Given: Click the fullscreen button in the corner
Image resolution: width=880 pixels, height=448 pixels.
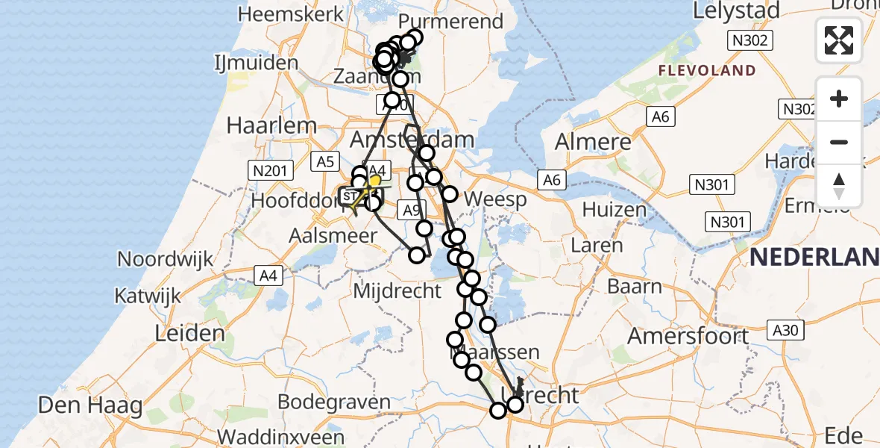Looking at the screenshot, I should coord(839,40).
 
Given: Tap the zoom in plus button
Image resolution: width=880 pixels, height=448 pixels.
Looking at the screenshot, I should coord(839,99).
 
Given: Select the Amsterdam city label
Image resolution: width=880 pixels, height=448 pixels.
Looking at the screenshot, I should coord(412,140).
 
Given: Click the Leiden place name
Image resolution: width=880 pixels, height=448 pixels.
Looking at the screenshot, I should coord(189,333).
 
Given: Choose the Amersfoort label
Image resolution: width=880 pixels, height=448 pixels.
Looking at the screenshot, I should coord(688,336).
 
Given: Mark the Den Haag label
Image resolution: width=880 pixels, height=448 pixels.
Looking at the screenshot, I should coord(90,405).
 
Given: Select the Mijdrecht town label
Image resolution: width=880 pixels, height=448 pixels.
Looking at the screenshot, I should coord(397,290).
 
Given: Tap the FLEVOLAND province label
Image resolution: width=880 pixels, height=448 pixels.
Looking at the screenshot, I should coord(706,71).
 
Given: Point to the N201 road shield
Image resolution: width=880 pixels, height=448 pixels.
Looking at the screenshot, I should coord(270,171).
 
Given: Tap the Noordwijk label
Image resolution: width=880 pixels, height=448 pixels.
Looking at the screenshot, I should coord(166,259).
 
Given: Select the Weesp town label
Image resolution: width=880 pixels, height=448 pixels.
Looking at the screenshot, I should coord(494,199).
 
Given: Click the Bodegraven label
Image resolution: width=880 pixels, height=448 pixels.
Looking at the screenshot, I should coord(334,402).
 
